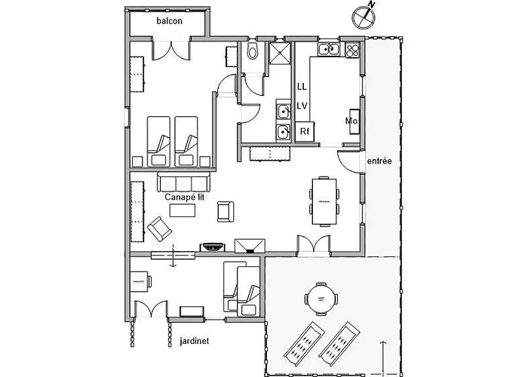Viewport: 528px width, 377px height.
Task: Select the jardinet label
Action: pos(195,341)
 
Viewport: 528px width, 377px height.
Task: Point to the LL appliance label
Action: pos(302,87)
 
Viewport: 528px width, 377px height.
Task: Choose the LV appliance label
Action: pos(302,106)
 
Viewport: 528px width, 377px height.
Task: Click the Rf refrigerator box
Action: pos(305,132)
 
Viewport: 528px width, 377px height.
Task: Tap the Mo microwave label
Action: pos(351,121)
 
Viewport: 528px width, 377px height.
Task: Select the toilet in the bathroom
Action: pos(253,52)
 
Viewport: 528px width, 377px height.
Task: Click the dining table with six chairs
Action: pos(325,201)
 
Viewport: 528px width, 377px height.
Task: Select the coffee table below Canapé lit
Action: pos(184,210)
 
